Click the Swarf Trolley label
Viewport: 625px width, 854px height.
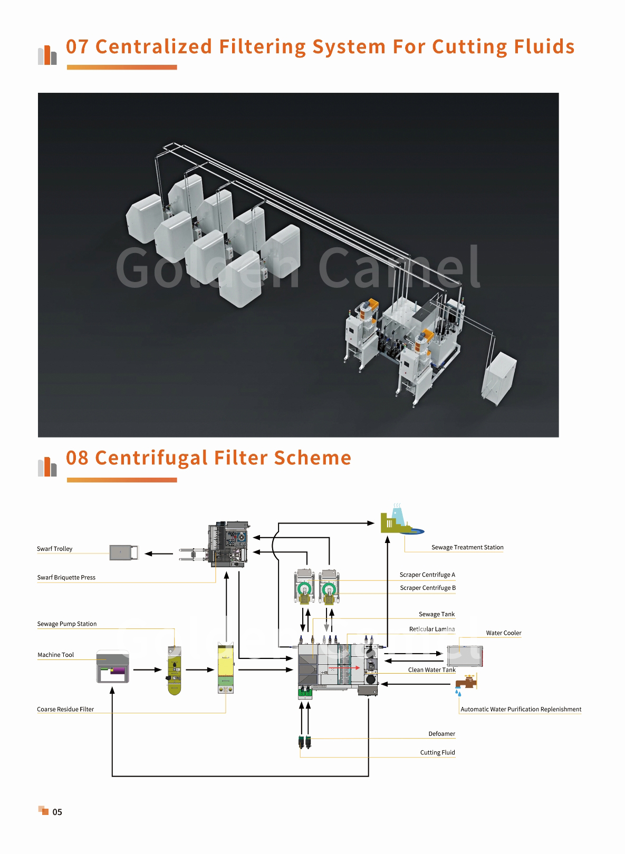point(54,549)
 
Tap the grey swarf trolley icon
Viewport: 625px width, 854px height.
point(124,552)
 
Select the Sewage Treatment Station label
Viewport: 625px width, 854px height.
point(467,547)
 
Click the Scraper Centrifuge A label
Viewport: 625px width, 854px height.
point(427,575)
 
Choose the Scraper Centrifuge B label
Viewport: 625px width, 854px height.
point(427,587)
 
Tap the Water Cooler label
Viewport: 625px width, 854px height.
point(503,633)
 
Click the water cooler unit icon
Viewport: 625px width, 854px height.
point(465,656)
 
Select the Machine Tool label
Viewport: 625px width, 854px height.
point(56,655)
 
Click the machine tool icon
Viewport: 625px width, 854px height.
point(112,666)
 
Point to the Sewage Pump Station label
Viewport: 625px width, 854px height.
point(67,624)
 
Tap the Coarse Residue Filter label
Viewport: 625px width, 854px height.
point(65,709)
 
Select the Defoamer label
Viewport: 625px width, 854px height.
point(441,733)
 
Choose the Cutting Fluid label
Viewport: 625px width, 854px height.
point(437,752)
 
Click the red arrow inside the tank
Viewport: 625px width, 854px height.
point(344,667)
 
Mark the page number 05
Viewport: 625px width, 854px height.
point(57,812)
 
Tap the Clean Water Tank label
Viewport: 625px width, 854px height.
point(431,670)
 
